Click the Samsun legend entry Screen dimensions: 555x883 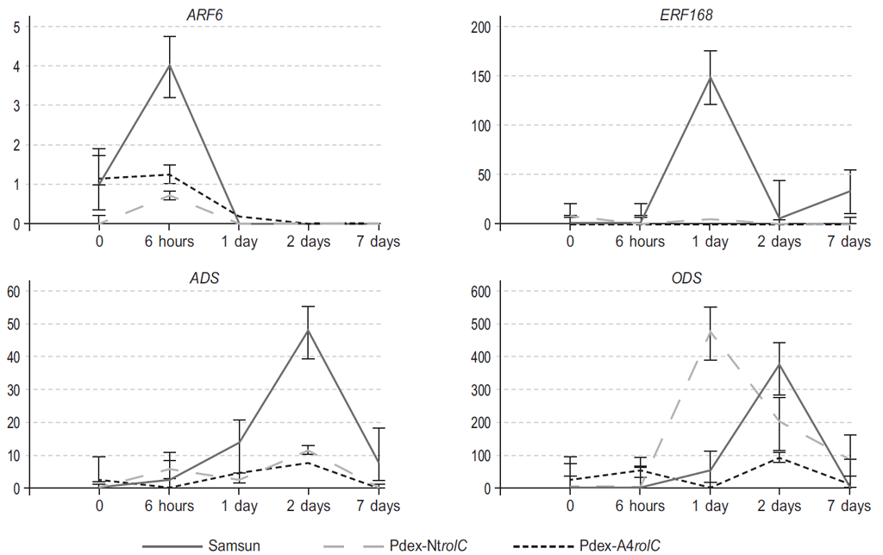tap(234, 545)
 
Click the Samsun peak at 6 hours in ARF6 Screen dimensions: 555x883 tap(170, 66)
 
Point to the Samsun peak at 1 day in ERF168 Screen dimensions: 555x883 tap(711, 77)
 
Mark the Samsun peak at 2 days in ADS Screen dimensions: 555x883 tap(309, 330)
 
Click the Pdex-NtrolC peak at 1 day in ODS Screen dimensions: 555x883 tap(711, 331)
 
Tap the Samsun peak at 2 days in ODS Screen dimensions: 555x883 tap(780, 363)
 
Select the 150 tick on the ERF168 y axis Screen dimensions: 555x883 tap(479, 76)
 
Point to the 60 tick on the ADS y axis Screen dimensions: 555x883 tap(14, 291)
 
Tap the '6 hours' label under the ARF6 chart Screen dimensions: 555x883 tap(170, 242)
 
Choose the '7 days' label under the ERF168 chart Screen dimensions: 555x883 tap(849, 242)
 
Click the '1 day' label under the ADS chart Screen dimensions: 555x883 tap(239, 506)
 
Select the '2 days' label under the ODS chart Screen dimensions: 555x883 tap(780, 506)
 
